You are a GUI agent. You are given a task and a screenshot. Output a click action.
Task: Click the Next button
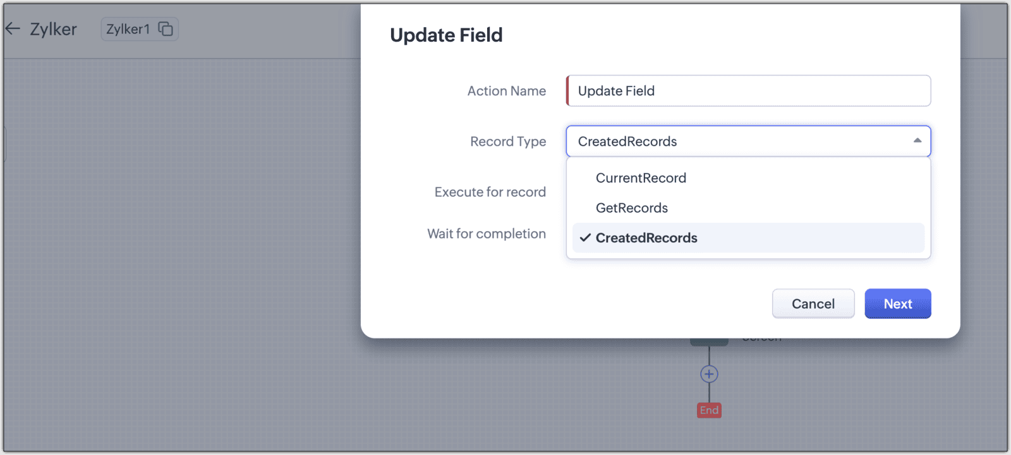point(898,304)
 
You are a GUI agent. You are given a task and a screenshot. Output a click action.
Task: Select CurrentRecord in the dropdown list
point(641,178)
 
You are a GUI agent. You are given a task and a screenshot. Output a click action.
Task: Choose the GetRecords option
point(631,208)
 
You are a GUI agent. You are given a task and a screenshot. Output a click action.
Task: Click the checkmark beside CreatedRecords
point(585,238)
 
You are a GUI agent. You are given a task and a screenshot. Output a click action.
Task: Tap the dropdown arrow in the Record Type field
point(917,141)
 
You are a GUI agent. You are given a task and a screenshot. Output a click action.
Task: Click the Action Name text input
point(748,91)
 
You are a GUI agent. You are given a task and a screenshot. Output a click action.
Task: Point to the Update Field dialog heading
point(446,35)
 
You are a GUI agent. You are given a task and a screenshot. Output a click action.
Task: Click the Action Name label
point(506,91)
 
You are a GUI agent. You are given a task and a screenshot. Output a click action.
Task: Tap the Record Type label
point(508,141)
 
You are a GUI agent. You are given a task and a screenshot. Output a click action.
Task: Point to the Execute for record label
point(490,192)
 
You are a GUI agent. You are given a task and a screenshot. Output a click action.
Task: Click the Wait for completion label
point(487,233)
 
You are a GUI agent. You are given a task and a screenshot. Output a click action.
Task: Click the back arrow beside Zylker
point(13,28)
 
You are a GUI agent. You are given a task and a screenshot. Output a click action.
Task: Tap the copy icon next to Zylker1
point(166,29)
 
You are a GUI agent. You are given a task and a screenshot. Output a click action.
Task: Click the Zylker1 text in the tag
point(128,29)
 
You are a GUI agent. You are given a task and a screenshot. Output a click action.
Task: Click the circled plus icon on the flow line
point(709,374)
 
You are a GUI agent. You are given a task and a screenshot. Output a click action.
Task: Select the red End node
point(709,410)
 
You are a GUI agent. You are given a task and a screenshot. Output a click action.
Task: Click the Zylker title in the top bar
point(53,29)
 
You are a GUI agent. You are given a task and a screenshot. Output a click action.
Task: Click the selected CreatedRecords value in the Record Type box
point(627,141)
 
